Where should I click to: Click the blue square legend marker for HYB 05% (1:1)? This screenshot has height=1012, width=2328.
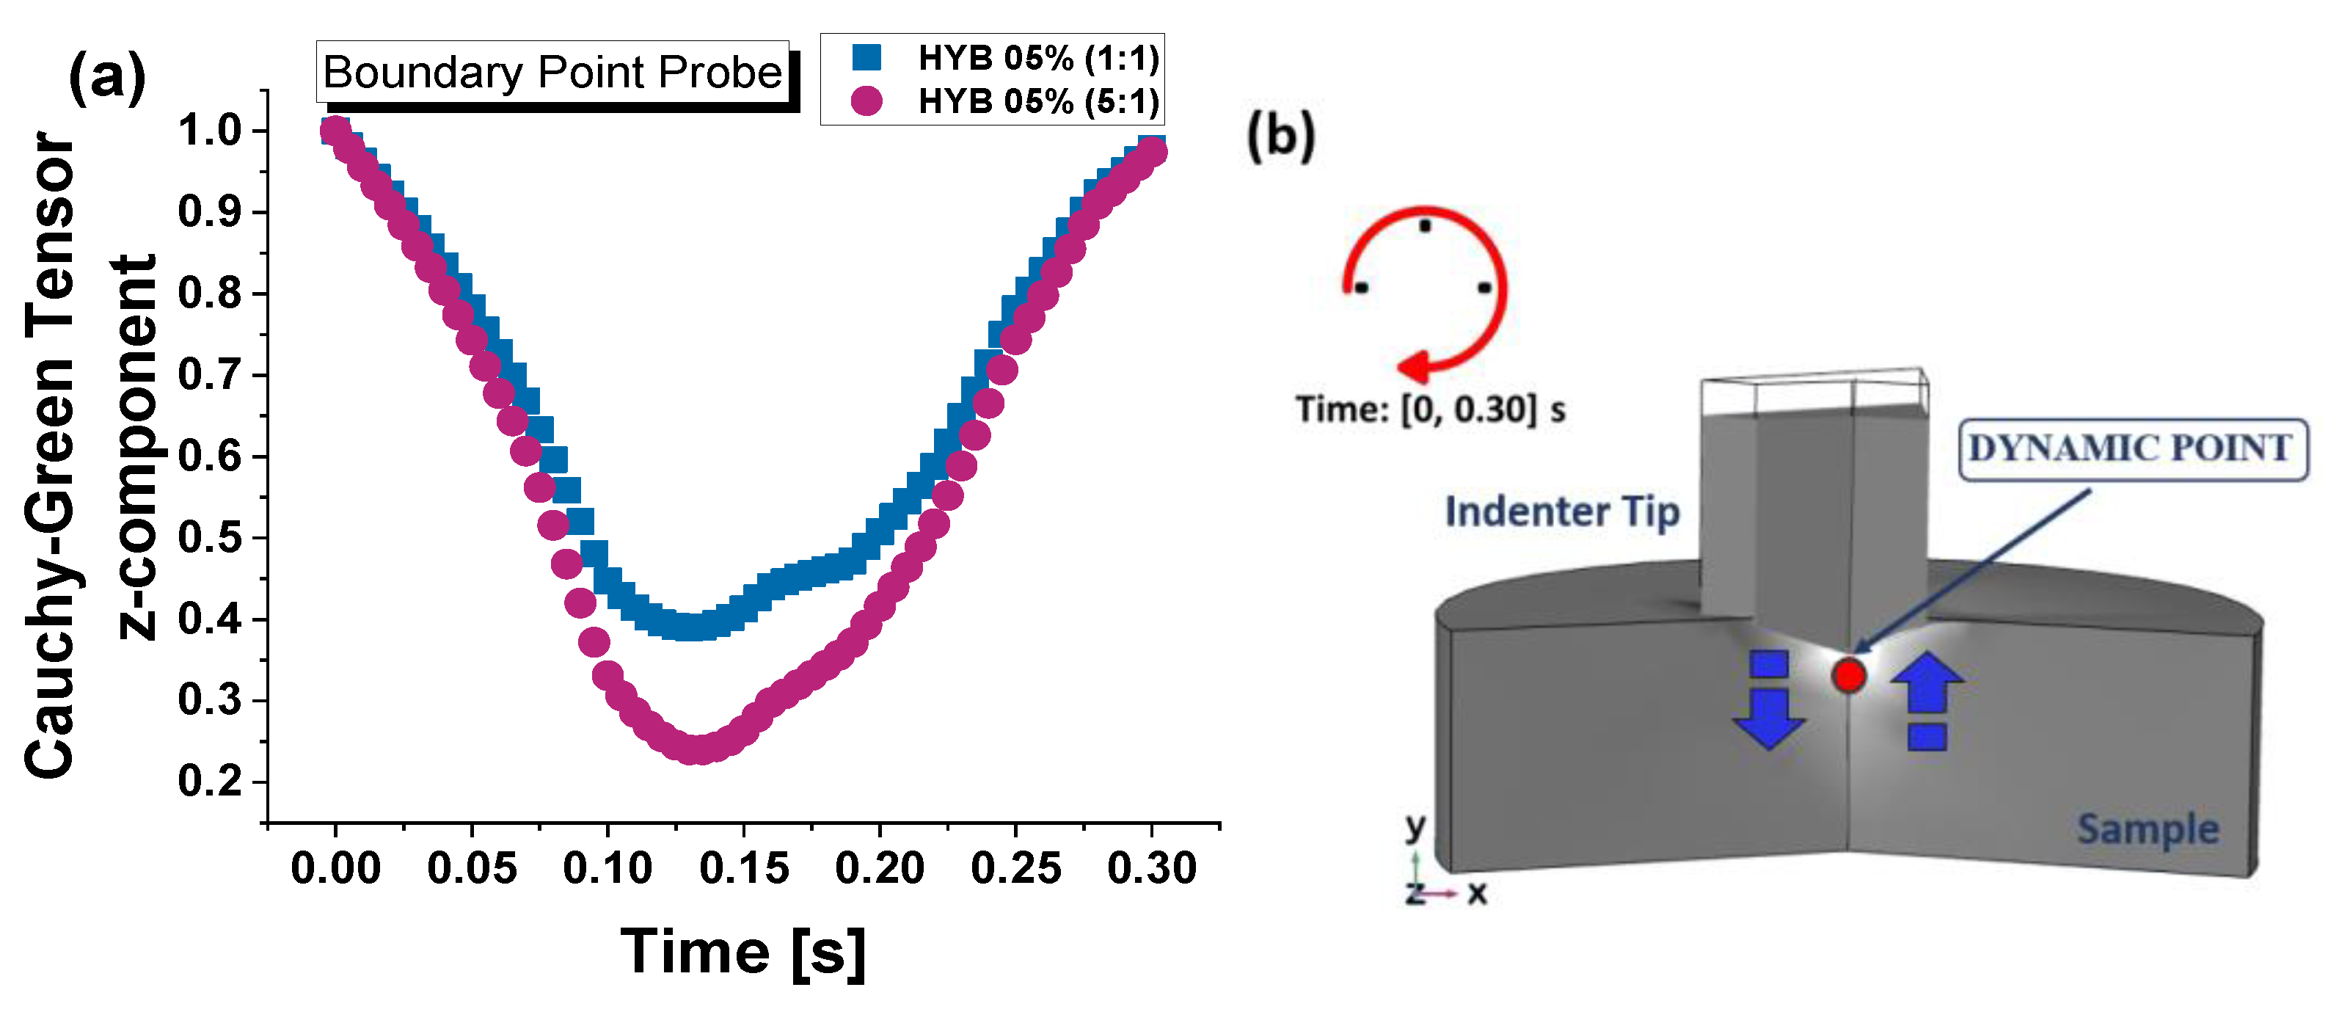click(x=866, y=57)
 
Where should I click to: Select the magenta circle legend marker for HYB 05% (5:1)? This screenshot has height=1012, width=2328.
click(x=866, y=101)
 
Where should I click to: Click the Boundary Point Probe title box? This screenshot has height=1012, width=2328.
click(x=552, y=71)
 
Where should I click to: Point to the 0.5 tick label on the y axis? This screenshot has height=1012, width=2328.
click(x=210, y=538)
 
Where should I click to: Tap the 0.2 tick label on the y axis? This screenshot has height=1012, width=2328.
click(x=210, y=782)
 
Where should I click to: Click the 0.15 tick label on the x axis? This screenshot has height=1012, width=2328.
click(x=744, y=868)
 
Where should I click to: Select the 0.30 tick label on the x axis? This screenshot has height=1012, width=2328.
click(x=1151, y=868)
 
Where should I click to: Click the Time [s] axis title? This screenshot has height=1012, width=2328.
click(x=743, y=952)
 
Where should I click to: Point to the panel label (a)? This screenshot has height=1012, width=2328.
click(x=106, y=77)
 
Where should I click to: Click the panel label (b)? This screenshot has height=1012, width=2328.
click(x=1280, y=136)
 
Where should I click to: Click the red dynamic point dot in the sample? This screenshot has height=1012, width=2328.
click(x=1849, y=675)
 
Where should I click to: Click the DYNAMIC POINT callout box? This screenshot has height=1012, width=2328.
click(x=2131, y=449)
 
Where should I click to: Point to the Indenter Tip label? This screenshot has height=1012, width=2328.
click(x=1561, y=512)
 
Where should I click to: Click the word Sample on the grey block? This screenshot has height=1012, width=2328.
click(x=2148, y=829)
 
